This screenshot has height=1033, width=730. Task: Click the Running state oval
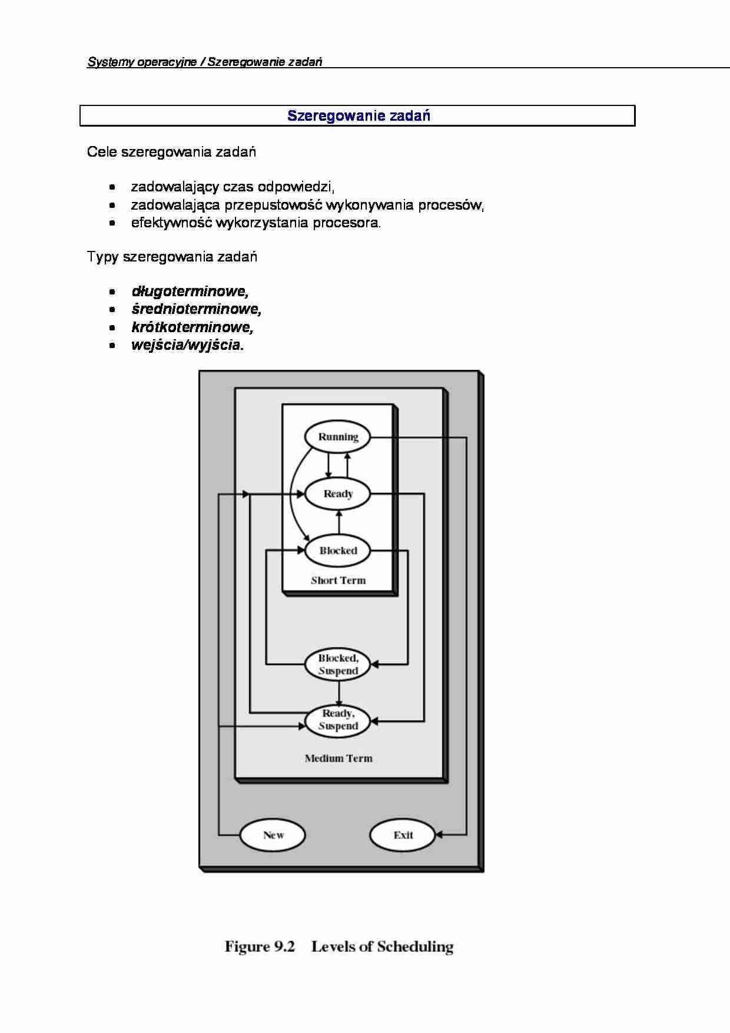(x=338, y=437)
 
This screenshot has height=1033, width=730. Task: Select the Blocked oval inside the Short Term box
(x=338, y=551)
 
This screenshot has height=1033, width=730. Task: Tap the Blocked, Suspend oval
(x=338, y=664)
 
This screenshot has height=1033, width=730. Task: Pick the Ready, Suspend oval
(x=338, y=720)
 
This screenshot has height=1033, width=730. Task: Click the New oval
(x=273, y=835)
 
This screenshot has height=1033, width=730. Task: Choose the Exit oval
(x=403, y=835)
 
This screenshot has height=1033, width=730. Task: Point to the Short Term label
(x=338, y=580)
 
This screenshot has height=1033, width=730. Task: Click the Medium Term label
(x=339, y=758)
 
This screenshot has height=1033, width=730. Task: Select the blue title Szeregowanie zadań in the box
(x=359, y=115)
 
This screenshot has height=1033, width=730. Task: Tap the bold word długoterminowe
(x=190, y=292)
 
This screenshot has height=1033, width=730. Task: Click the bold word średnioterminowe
(x=196, y=309)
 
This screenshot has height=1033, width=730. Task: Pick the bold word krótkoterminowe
(x=193, y=327)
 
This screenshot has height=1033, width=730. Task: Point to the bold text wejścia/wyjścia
(x=187, y=345)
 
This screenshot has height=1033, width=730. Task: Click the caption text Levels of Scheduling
(x=382, y=946)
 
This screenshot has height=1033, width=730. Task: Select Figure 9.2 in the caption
(x=259, y=946)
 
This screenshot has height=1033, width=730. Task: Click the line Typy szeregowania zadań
(x=172, y=257)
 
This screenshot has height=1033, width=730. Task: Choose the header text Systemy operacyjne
(x=141, y=62)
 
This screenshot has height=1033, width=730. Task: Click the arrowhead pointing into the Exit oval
(x=439, y=835)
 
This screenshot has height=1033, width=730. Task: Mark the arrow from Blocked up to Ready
(x=338, y=521)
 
